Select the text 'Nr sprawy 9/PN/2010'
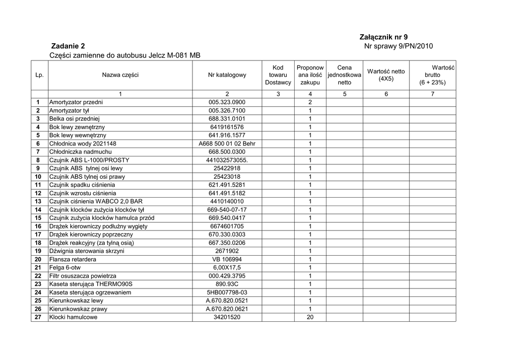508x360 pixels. tap(398, 46)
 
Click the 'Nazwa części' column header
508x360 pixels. tap(120, 75)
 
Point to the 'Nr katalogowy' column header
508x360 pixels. tap(227, 75)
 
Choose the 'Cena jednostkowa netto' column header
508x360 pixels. tap(344, 75)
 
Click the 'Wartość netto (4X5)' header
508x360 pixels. tap(386, 75)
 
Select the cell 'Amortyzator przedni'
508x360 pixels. tap(76, 102)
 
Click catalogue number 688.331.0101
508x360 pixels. tap(227, 119)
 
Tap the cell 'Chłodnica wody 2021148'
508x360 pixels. tap(83, 144)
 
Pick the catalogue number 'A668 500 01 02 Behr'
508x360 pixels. tap(227, 144)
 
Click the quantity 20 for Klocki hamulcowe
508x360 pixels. tap(310, 317)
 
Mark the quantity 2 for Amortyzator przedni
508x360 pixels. tap(310, 102)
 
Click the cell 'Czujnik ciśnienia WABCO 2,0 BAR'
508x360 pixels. tap(92, 202)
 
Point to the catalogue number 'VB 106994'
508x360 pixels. tap(227, 259)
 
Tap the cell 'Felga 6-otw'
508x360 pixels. tap(64, 268)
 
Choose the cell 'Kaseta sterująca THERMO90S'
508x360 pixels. tap(91, 284)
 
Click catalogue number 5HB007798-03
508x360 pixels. tap(227, 292)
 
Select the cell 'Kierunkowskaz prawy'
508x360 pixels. tap(78, 309)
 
